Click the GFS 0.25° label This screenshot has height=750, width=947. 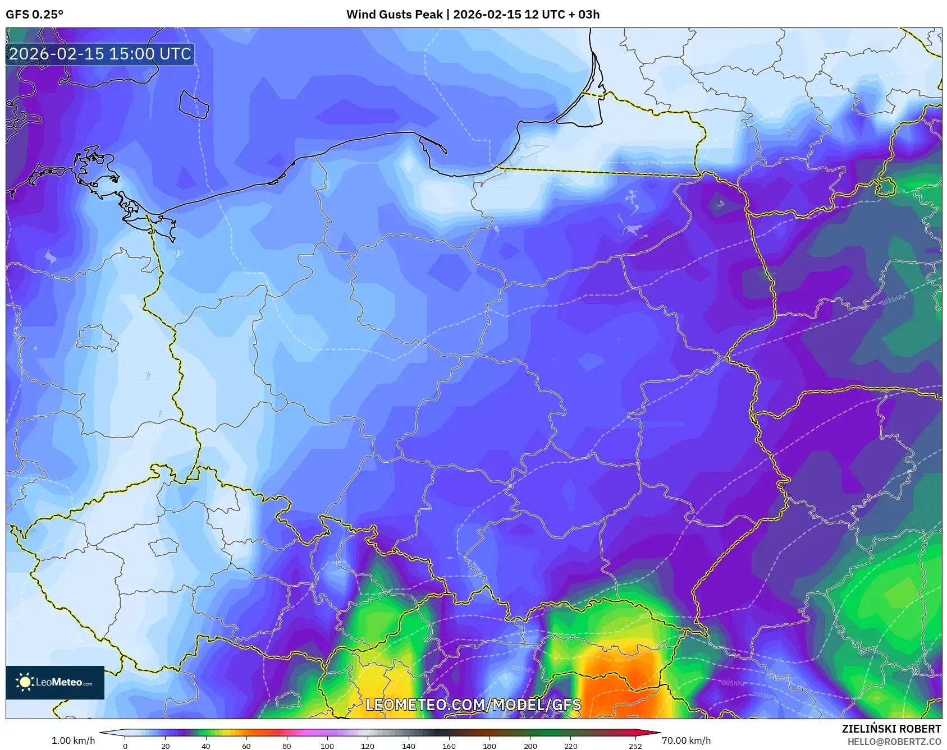click(34, 15)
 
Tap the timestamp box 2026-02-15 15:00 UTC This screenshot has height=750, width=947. click(100, 54)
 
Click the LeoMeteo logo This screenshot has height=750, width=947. click(55, 682)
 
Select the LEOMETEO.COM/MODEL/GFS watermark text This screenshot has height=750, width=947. click(473, 705)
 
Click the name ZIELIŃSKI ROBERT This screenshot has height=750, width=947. click(891, 729)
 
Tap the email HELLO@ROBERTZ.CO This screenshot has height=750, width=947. click(894, 742)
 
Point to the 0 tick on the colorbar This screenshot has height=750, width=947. click(125, 746)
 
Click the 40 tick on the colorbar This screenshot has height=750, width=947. click(206, 746)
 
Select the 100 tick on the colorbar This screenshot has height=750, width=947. click(327, 746)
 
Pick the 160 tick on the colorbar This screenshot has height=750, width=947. click(449, 746)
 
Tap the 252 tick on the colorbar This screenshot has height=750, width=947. click(635, 746)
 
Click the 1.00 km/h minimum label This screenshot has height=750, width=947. click(73, 740)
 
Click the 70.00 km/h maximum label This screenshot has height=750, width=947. click(686, 740)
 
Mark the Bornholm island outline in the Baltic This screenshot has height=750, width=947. click(194, 105)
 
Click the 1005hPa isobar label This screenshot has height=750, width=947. click(731, 683)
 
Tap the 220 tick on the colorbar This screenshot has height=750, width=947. click(570, 746)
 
